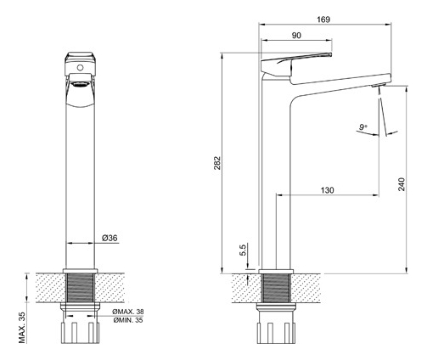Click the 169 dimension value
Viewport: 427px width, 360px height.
(x=323, y=20)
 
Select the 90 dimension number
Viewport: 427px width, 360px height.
(x=296, y=36)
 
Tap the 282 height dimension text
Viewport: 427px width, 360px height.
(x=217, y=163)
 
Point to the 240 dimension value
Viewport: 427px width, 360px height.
(x=402, y=184)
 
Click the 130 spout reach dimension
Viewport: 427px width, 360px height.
(x=327, y=190)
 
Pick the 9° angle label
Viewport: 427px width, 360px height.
(x=363, y=127)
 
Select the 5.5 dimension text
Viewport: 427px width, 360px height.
(x=244, y=250)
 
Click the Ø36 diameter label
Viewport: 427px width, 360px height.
(x=110, y=238)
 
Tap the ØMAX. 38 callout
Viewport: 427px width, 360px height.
(x=128, y=312)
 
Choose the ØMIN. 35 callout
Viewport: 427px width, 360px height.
(x=128, y=320)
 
